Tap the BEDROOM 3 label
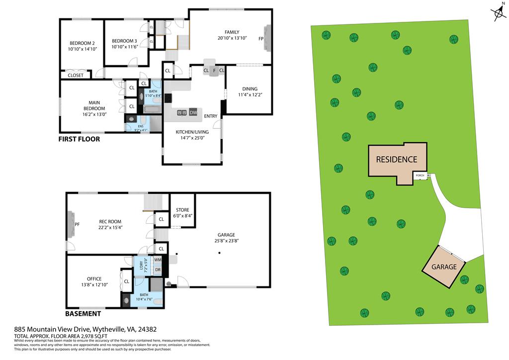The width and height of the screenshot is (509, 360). pyautogui.click(x=124, y=41)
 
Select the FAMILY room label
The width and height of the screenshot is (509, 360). pyautogui.click(x=232, y=32)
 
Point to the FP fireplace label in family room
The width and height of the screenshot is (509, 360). pyautogui.click(x=260, y=38)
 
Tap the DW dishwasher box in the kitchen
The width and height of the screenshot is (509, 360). pyautogui.click(x=193, y=113)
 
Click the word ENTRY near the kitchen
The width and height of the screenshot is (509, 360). pyautogui.click(x=210, y=116)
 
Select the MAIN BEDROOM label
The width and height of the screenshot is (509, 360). pyautogui.click(x=94, y=105)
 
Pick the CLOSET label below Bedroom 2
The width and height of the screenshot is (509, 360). pyautogui.click(x=76, y=76)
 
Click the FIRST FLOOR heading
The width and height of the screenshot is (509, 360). pyautogui.click(x=80, y=139)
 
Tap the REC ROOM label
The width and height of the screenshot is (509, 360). pyautogui.click(x=110, y=222)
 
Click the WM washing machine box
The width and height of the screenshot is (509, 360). pyautogui.click(x=158, y=260)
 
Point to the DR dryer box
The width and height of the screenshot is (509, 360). pyautogui.click(x=158, y=270)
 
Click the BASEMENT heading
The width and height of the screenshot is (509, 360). pyautogui.click(x=84, y=314)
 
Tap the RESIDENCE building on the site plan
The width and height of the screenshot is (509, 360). pyautogui.click(x=396, y=160)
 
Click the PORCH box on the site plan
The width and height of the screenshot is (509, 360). pyautogui.click(x=420, y=176)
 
